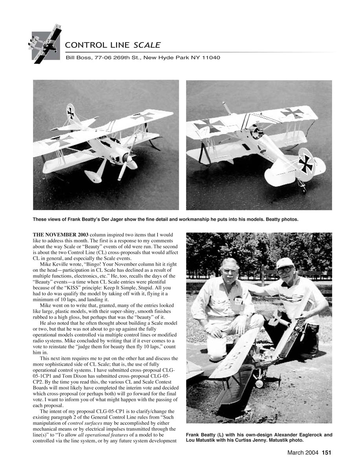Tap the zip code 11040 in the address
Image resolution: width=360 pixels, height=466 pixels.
(x=211, y=58)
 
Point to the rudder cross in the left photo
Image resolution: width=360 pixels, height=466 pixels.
(x=71, y=112)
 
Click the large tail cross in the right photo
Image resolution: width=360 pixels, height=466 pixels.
(x=305, y=162)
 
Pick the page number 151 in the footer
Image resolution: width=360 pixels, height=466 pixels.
(x=327, y=453)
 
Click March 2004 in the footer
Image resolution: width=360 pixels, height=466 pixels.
(x=303, y=453)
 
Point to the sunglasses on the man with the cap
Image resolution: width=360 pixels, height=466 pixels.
(x=285, y=271)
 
